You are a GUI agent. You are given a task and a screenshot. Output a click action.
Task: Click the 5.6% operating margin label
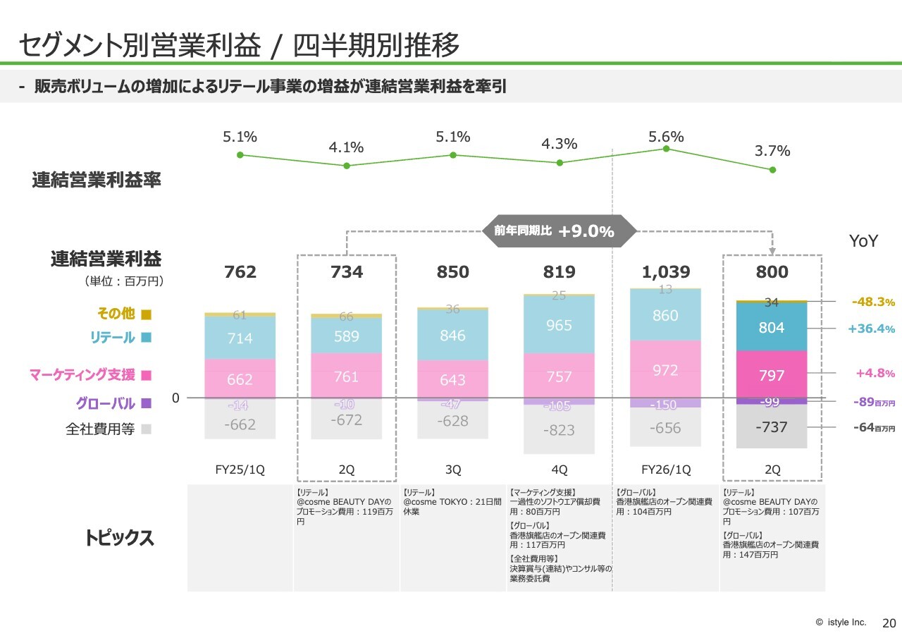[x=666, y=137]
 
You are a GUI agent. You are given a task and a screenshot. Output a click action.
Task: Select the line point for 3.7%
[x=772, y=170]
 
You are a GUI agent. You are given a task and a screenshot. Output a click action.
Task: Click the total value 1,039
[x=666, y=272]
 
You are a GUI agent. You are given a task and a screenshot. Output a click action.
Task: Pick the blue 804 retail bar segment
[x=772, y=328]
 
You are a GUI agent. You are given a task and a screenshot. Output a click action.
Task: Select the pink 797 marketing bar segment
[x=772, y=376]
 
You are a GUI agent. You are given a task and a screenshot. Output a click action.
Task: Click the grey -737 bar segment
[x=772, y=427]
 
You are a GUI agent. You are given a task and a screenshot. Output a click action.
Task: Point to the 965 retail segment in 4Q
[x=559, y=326]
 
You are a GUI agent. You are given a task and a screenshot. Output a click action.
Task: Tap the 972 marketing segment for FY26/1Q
[x=665, y=370]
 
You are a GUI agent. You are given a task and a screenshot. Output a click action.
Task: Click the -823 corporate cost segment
[x=559, y=430]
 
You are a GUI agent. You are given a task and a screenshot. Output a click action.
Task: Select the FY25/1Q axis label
[x=240, y=470]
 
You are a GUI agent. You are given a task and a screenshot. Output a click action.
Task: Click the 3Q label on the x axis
[x=452, y=470]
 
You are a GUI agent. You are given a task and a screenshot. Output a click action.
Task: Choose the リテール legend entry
[x=120, y=338]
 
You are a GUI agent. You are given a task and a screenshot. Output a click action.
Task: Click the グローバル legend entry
[x=113, y=404]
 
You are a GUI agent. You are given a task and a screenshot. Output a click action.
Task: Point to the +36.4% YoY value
[x=871, y=329]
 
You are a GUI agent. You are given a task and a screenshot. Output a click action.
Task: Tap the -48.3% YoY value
[x=873, y=302]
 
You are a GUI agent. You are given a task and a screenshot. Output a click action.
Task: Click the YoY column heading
[x=863, y=241]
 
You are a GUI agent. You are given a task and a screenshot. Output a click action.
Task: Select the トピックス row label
[x=118, y=538]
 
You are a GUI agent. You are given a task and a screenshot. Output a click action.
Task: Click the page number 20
[x=889, y=623]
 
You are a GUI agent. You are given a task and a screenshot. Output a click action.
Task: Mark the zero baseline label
[x=175, y=398]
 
